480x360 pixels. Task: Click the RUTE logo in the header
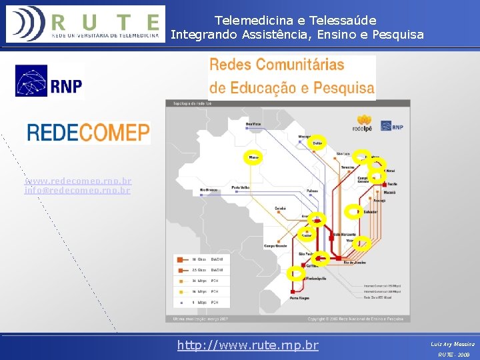[x=84, y=23]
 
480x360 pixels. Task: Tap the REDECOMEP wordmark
[x=88, y=132]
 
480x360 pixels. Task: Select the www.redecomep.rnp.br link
[x=78, y=181]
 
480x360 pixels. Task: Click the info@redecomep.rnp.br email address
[x=77, y=190]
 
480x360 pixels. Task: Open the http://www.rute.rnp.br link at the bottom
[x=247, y=345]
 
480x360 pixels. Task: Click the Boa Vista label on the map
[x=253, y=124]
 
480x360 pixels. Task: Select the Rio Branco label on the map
[x=209, y=191]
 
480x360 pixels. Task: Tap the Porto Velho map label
[x=241, y=187]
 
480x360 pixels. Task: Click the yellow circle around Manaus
[x=253, y=157]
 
